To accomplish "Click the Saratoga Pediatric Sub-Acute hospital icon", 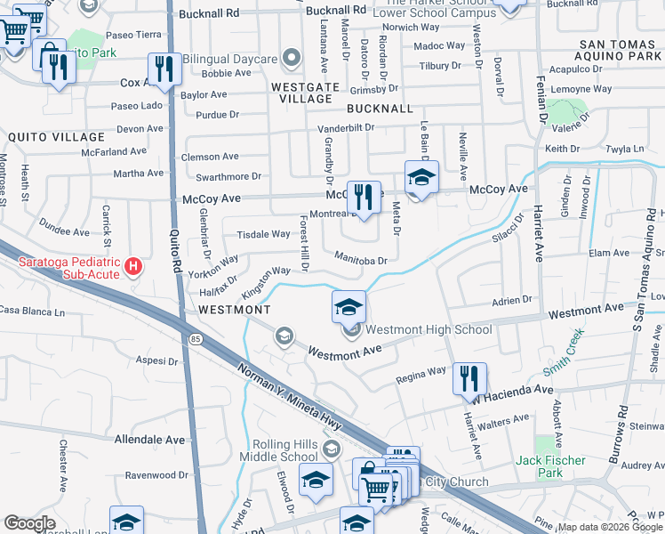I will (133, 266).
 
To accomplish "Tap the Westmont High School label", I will (429, 329).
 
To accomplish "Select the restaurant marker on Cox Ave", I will (163, 69).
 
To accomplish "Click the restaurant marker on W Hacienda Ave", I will (469, 378).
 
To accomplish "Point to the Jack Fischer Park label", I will (551, 466).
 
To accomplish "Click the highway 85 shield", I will (196, 339).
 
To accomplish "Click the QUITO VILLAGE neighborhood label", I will (55, 137).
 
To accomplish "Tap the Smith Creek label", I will (565, 351).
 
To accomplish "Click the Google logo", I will (29, 523).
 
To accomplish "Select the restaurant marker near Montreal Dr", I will (363, 198).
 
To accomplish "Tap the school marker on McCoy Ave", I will (422, 178).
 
